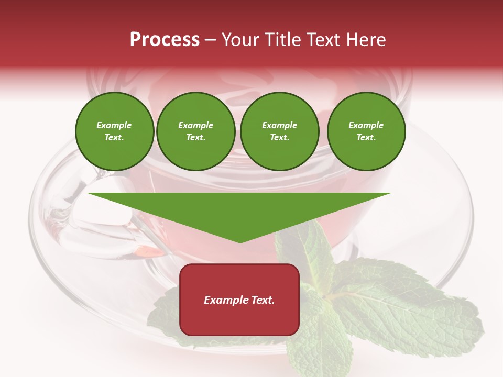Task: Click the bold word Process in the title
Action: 165,40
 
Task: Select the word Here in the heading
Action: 365,40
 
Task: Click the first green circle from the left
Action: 114,131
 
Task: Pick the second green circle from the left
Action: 196,131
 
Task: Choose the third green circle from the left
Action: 280,131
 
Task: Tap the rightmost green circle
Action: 366,131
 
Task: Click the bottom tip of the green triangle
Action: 240,242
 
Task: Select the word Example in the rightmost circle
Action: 366,125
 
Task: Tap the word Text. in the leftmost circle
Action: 114,138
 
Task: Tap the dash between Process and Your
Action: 210,40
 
